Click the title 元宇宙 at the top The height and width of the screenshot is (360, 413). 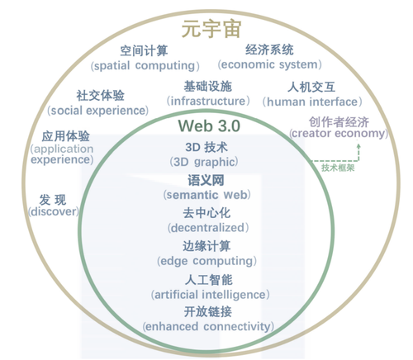tap(211, 29)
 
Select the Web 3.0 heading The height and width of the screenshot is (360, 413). tap(209, 126)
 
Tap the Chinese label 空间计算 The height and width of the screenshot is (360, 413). tap(144, 50)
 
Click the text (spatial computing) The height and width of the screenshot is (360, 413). tap(145, 66)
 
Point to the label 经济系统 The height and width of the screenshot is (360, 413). tap(269, 50)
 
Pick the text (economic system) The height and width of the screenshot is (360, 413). tap(269, 64)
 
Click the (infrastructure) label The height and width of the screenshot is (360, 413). tap(208, 101)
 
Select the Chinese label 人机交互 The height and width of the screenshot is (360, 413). tap(311, 87)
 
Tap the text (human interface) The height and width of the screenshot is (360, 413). tap(312, 102)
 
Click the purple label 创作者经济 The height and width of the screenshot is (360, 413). tap(339, 122)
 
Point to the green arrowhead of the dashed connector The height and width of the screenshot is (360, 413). tap(358, 145)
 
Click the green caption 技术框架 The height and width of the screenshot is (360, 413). tap(338, 168)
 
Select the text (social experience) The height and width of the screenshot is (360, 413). tap(97, 111)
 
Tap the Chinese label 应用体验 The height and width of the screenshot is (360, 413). tap(65, 136)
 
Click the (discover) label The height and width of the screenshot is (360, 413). tap(54, 211)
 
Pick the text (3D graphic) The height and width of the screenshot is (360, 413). tap(204, 162)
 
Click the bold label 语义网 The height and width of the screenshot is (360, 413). tap(206, 180)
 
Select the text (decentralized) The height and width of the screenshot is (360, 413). tap(208, 228)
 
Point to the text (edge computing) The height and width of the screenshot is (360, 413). tap(206, 261)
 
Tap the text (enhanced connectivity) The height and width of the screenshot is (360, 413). tap(208, 327)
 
